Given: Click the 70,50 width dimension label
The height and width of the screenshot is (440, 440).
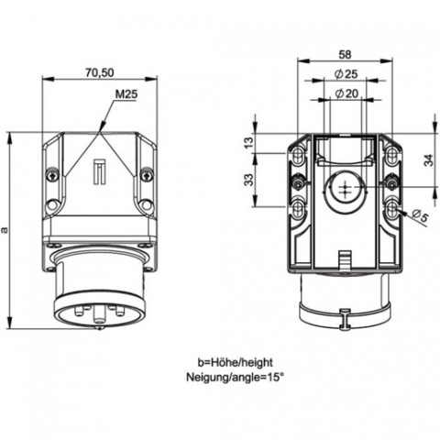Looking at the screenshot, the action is point(100,72).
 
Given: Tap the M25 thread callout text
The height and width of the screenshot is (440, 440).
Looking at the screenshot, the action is point(126,94).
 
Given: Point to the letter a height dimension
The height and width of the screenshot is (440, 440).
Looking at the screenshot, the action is point(4,230).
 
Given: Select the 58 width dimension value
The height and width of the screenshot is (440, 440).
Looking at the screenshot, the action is point(345,54).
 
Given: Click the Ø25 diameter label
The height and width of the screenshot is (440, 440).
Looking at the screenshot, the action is point(346,73).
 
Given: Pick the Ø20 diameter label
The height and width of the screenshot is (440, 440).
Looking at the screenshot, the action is point(346,93).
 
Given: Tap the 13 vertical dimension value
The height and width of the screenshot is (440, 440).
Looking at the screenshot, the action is point(249,142).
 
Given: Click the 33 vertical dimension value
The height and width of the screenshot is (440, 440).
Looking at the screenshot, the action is point(249,180).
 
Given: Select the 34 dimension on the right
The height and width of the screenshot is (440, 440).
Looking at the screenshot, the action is point(429,160).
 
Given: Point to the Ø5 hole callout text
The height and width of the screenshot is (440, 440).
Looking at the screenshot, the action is point(420,215).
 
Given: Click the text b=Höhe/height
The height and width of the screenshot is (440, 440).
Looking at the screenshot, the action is point(235,362).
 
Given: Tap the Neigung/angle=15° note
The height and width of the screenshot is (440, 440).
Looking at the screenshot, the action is point(235,377).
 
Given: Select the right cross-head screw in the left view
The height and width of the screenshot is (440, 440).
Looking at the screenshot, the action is point(146,175).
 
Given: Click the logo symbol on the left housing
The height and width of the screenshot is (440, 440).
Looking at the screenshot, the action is point(99,171).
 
